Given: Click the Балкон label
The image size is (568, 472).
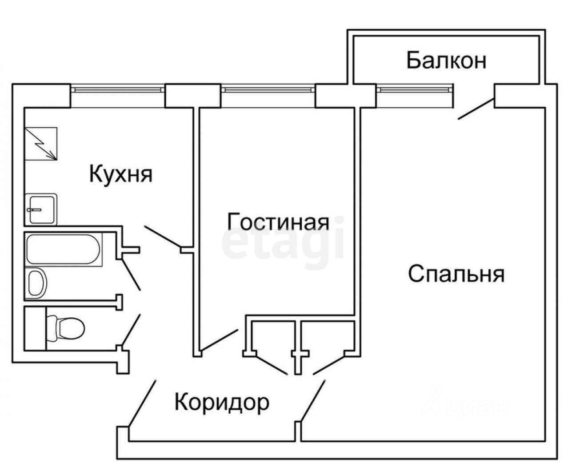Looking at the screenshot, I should [446, 61].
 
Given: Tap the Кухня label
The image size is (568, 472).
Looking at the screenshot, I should [121, 174].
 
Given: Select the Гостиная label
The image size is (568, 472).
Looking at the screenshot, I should [278, 221].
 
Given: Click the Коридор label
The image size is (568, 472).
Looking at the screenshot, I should [222, 403].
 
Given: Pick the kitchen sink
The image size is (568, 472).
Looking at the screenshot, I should [41, 209].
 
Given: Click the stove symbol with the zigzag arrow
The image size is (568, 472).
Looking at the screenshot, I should [41, 144].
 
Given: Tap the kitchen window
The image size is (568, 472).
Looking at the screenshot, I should [118, 89].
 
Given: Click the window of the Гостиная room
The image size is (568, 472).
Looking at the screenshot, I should [268, 89].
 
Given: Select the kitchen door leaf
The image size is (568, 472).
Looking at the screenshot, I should [163, 236].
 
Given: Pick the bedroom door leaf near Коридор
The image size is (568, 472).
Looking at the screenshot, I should [313, 399].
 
